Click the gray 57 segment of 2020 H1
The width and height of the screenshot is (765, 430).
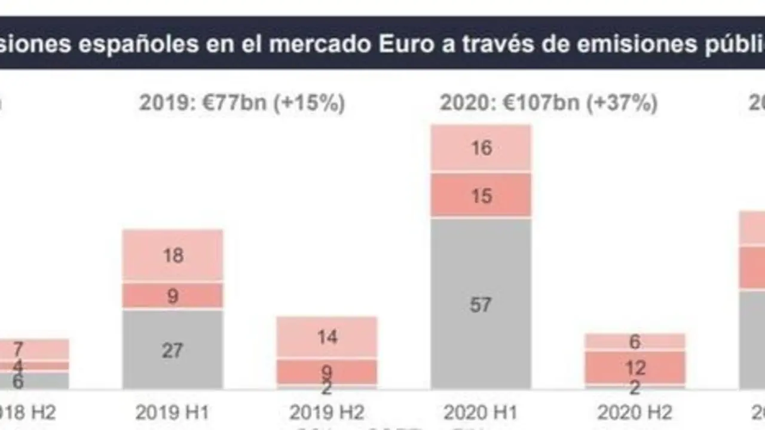coord(481,304)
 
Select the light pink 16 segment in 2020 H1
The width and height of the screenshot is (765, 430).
coord(481,148)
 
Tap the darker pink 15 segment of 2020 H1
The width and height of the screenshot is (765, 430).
coord(481,195)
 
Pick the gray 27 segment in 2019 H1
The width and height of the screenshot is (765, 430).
coord(173,349)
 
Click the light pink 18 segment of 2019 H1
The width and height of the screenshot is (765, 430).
coord(173,255)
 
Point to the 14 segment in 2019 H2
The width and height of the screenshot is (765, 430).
coord(326,337)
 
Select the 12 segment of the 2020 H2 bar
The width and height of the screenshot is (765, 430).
coord(635,367)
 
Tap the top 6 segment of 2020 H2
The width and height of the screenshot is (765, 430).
coord(635,341)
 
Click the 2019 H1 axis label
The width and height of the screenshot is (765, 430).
coord(173,413)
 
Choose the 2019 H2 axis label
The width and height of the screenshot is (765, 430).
coord(326,413)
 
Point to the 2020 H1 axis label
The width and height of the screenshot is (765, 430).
coord(481,413)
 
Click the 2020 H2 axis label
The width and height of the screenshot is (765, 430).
coord(635,413)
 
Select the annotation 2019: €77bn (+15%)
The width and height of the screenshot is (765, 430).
coord(242,103)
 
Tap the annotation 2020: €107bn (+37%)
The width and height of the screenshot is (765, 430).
coord(549,103)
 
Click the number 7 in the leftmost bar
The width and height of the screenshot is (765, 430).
coord(18,349)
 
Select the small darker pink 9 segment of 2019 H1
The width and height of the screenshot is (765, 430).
coord(173,296)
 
